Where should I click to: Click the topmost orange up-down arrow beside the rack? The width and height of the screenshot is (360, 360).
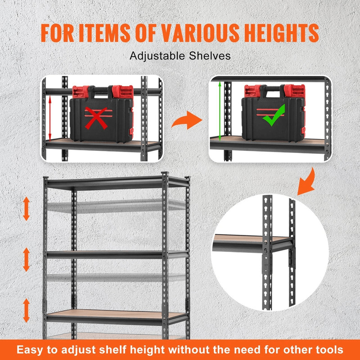click(26, 208)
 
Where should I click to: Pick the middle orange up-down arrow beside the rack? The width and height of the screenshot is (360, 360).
click(26, 259)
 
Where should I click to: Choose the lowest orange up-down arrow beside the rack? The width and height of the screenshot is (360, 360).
click(26, 310)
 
